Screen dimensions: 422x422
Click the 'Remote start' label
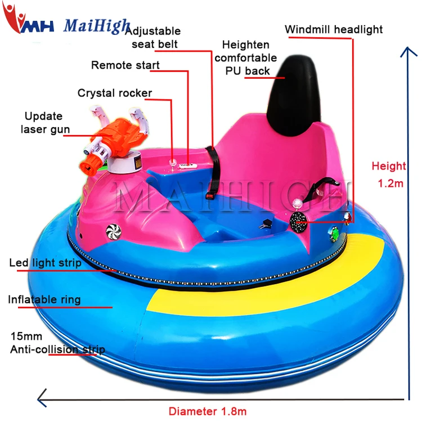pyautogui.click(x=125, y=65)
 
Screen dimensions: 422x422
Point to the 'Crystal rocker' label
pyautogui.click(x=115, y=93)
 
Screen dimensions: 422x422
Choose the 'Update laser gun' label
pyautogui.click(x=46, y=123)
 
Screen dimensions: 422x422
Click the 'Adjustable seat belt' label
pyautogui.click(x=156, y=37)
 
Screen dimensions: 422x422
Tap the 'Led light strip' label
pyautogui.click(x=45, y=263)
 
